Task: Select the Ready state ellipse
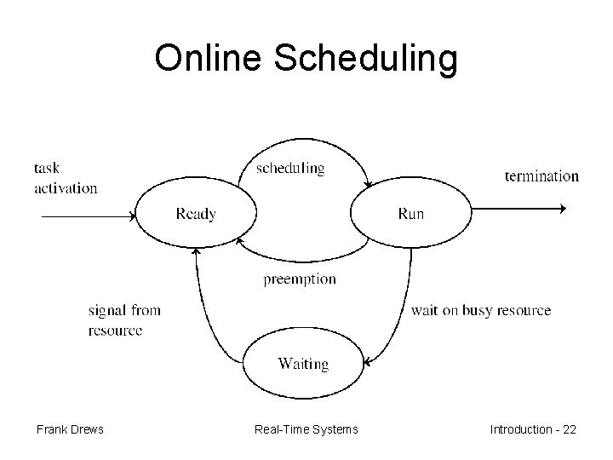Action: [x=195, y=214]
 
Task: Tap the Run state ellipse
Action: [x=410, y=214]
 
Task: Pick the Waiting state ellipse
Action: [x=302, y=364]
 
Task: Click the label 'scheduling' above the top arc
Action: [x=290, y=168]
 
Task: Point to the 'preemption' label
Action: [x=299, y=279]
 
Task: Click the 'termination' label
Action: [x=541, y=176]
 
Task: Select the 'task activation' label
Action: [x=66, y=177]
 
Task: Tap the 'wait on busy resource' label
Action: [x=480, y=310]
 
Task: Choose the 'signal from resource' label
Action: [x=123, y=319]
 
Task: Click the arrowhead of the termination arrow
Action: [x=561, y=208]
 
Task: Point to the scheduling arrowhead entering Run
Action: [x=367, y=185]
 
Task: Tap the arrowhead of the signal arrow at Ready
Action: [x=196, y=250]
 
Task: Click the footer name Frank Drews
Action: [x=70, y=429]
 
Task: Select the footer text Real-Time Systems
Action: [x=306, y=429]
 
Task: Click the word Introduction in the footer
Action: [x=520, y=429]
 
